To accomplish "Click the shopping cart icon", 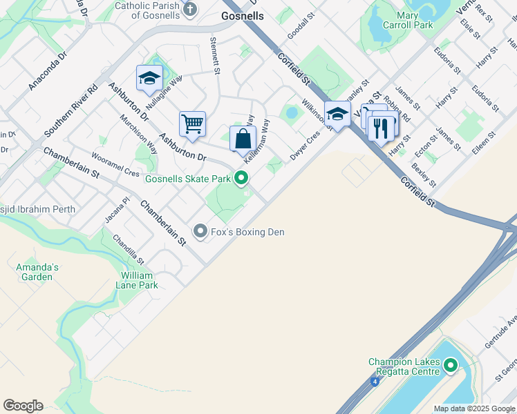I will pyautogui.click(x=192, y=124).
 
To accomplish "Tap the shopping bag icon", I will pyautogui.click(x=243, y=138).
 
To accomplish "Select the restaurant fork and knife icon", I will pyautogui.click(x=382, y=127).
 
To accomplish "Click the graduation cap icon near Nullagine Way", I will pyautogui.click(x=149, y=79).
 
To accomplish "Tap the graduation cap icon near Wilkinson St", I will pyautogui.click(x=337, y=113).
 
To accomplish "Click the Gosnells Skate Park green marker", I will pyautogui.click(x=241, y=179).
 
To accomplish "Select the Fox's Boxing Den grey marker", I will pyautogui.click(x=200, y=231).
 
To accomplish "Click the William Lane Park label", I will pyautogui.click(x=135, y=280).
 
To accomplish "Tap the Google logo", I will pyautogui.click(x=23, y=406).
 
